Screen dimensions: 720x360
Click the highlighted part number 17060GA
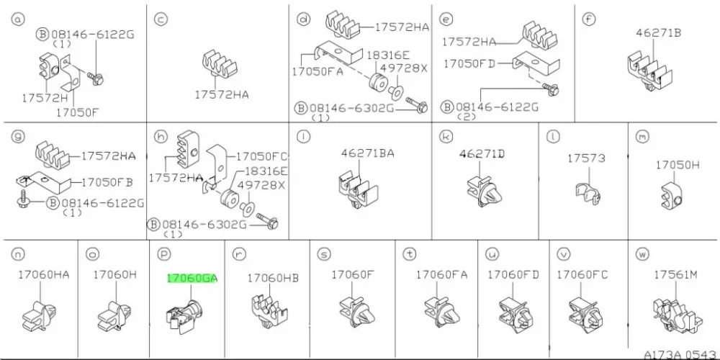(x=192, y=278)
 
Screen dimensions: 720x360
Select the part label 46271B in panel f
(x=659, y=32)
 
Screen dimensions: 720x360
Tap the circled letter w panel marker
(x=642, y=253)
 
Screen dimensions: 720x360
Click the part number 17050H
(x=678, y=164)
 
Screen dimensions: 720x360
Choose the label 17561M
(x=675, y=274)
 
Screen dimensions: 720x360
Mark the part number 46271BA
(x=367, y=153)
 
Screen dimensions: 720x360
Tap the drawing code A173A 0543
(x=681, y=355)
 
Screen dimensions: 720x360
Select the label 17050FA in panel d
(x=318, y=72)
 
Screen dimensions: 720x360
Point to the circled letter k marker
(x=444, y=136)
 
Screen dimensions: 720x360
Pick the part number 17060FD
(x=513, y=274)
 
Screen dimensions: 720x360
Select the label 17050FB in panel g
(x=107, y=182)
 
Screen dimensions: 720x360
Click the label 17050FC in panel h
(x=262, y=156)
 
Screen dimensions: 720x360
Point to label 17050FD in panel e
(x=469, y=64)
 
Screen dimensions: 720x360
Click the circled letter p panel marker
(x=163, y=253)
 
